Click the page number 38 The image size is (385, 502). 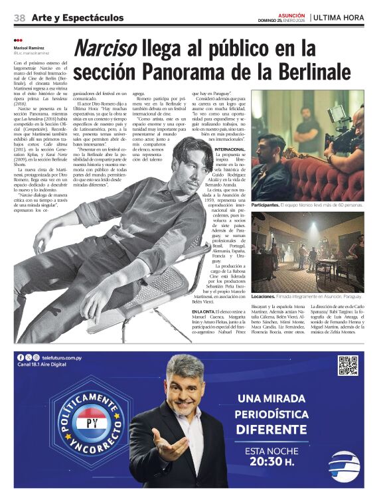pos(19,17)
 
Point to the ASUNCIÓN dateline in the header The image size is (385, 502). pos(292,14)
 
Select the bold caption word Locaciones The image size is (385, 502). pos(264,296)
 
